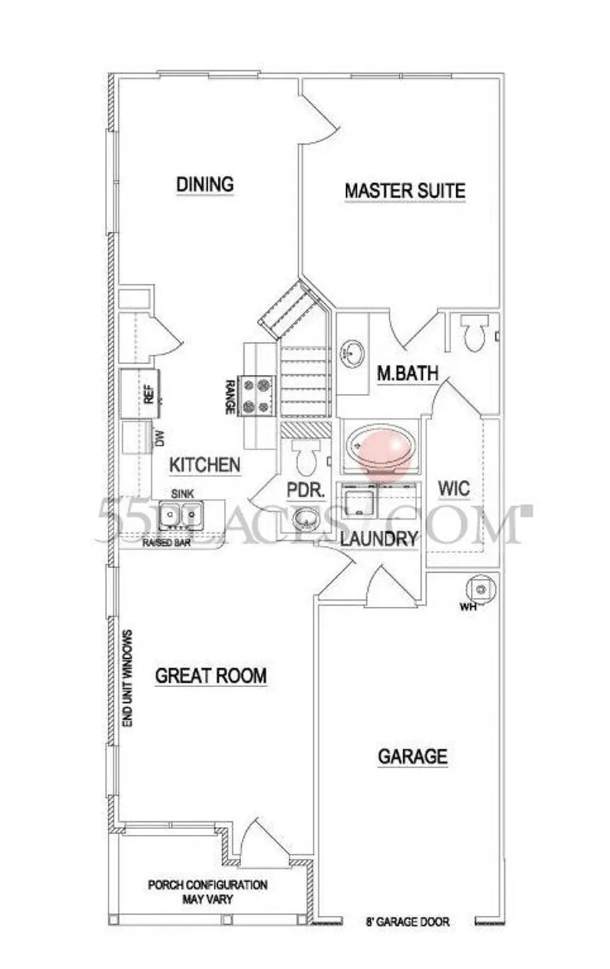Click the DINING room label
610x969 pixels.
(x=205, y=185)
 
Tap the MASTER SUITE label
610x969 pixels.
(x=405, y=191)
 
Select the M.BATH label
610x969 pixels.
(x=407, y=373)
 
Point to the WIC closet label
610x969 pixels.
(x=454, y=489)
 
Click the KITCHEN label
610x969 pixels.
(x=205, y=466)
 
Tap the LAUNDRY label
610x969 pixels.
(x=378, y=539)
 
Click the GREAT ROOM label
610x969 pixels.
(x=211, y=675)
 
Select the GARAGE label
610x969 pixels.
(x=412, y=757)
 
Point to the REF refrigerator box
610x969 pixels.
(x=138, y=393)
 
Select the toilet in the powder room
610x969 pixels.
(x=306, y=459)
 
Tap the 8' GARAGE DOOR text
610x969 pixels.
(x=406, y=923)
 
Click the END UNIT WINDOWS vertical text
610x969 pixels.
(x=128, y=678)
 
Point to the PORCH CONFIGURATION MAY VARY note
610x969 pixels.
(x=207, y=892)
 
